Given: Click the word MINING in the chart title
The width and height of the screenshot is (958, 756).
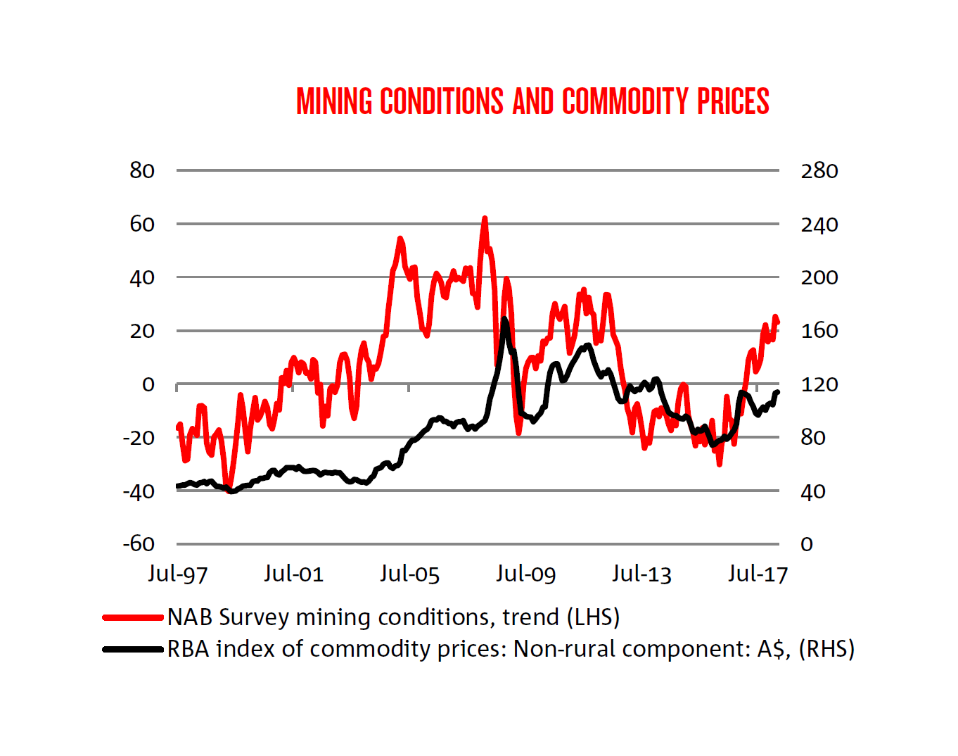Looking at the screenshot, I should (334, 102).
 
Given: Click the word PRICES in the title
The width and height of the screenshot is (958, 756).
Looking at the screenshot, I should (733, 102).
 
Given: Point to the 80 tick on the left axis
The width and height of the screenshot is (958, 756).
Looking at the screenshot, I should (142, 170).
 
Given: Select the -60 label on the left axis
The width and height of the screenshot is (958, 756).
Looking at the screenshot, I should (139, 543).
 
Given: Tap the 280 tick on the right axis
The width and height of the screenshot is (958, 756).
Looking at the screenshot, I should (819, 170).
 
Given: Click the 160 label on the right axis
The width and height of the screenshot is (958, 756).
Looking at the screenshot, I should (819, 331).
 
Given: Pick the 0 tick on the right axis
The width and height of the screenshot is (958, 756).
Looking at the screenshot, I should (807, 544).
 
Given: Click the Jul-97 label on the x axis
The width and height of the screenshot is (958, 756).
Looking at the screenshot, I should (177, 574).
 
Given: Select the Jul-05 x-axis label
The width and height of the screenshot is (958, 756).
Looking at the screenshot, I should (409, 574).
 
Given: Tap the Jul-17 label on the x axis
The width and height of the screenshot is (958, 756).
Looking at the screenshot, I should (758, 574).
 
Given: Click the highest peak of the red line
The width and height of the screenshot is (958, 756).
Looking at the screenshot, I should (484, 219).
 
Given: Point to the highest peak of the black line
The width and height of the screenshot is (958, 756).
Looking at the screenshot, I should (504, 320).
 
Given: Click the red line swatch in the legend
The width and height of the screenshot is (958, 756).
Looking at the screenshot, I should (133, 617).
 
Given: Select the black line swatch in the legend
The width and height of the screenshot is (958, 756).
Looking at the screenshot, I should (133, 649).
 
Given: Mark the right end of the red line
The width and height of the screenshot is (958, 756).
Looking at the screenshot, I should (778, 322).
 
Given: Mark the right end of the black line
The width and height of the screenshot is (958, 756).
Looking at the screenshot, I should (778, 391).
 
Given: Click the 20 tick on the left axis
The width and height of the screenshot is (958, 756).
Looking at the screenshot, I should (142, 331).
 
